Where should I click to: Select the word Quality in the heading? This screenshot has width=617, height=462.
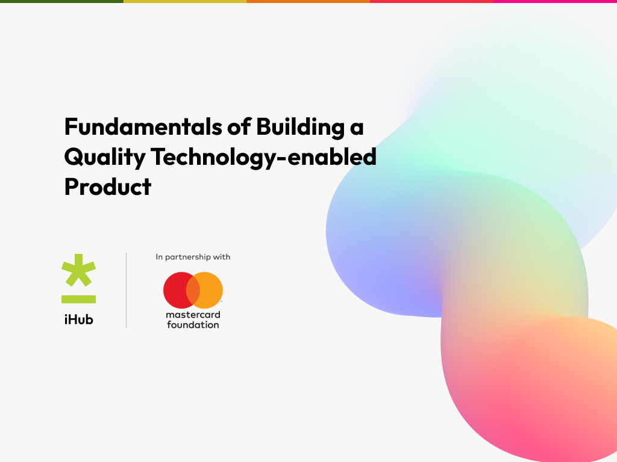tap(104, 158)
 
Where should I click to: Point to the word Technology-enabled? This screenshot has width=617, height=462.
tap(263, 158)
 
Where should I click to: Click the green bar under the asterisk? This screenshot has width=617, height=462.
tap(78, 299)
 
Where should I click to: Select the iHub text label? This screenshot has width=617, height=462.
tap(78, 319)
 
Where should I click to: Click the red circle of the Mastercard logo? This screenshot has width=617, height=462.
tap(176, 290)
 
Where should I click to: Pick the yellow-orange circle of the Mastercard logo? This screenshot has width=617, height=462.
tap(210, 290)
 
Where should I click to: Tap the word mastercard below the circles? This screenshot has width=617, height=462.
tap(193, 315)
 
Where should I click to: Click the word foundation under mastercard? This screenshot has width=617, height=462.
tap(193, 325)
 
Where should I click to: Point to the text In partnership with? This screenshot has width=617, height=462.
tap(193, 257)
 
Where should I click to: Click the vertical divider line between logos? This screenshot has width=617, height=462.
tap(126, 290)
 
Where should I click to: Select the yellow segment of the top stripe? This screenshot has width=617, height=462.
tap(185, 1)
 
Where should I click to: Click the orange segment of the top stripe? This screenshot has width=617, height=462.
tap(308, 1)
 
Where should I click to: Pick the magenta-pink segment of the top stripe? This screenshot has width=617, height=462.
tap(555, 1)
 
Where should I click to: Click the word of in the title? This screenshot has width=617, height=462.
tap(230, 127)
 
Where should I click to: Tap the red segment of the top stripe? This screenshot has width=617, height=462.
tap(431, 1)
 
